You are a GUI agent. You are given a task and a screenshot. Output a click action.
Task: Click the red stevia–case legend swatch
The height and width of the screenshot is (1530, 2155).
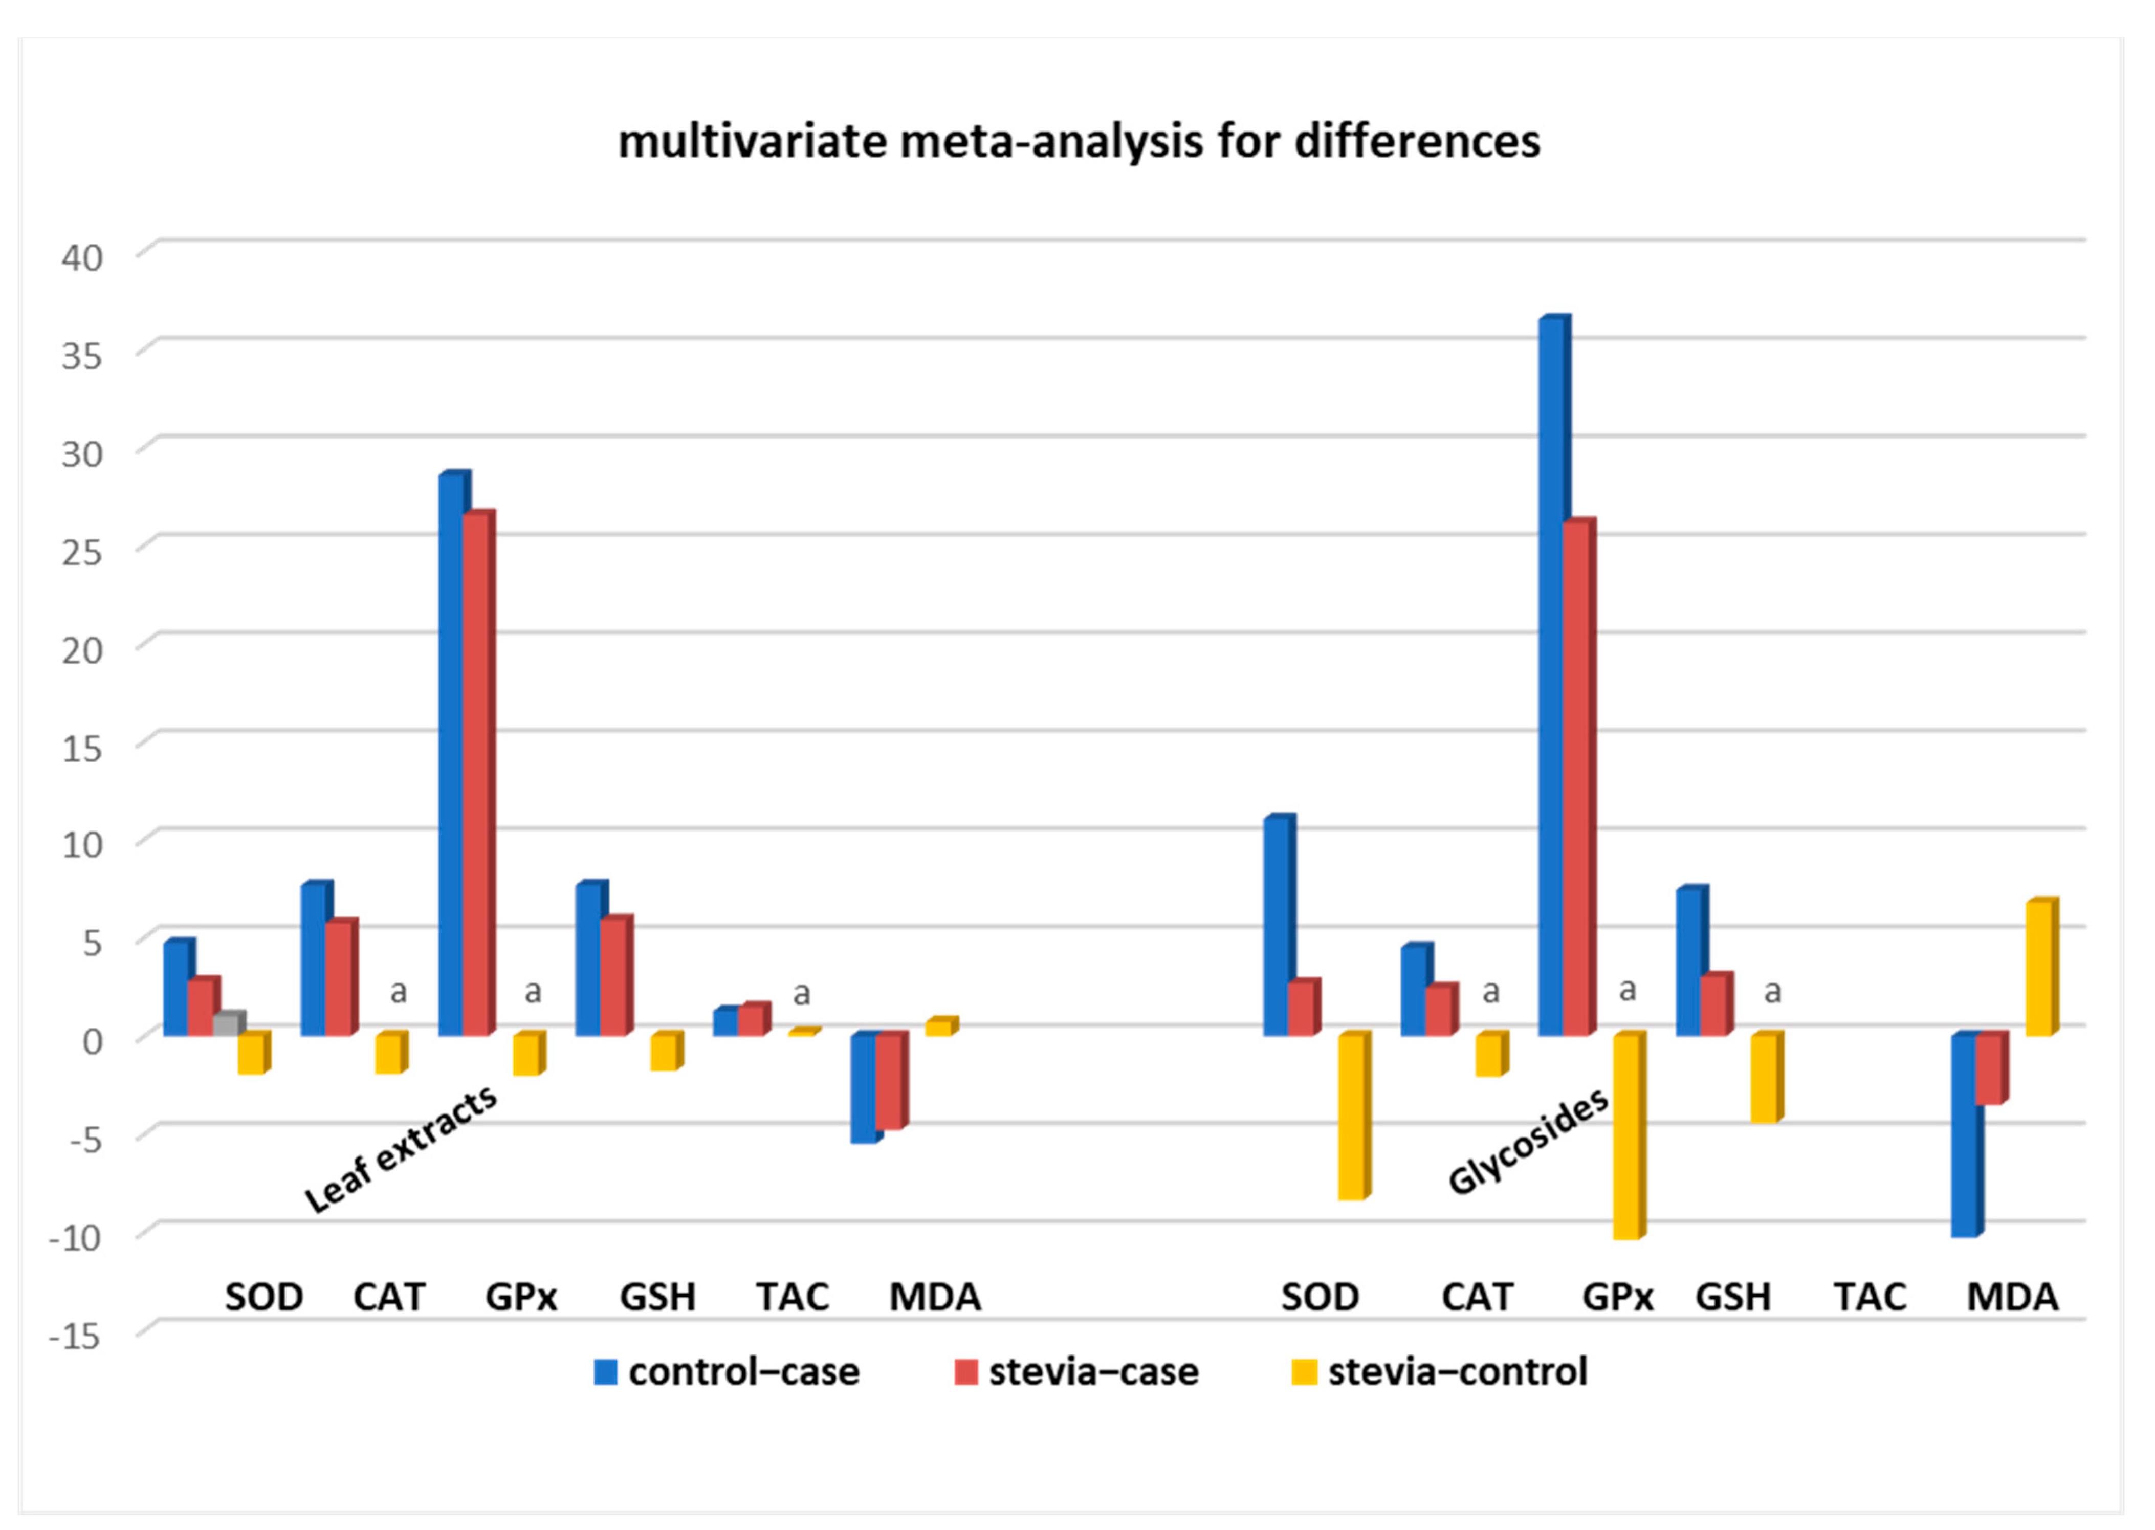pos(965,1372)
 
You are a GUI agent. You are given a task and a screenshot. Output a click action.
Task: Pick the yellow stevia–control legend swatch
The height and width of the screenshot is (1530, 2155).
pos(1304,1372)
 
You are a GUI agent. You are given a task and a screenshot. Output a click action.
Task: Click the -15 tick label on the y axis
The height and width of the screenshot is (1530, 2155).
pos(75,1335)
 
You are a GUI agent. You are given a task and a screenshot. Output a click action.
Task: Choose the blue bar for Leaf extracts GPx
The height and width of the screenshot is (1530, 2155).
pos(452,754)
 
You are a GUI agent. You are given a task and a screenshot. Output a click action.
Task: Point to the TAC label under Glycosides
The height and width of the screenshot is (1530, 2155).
pos(1870,1297)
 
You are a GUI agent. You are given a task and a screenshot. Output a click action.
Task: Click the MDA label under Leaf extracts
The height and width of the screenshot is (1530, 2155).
pos(935,1297)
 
